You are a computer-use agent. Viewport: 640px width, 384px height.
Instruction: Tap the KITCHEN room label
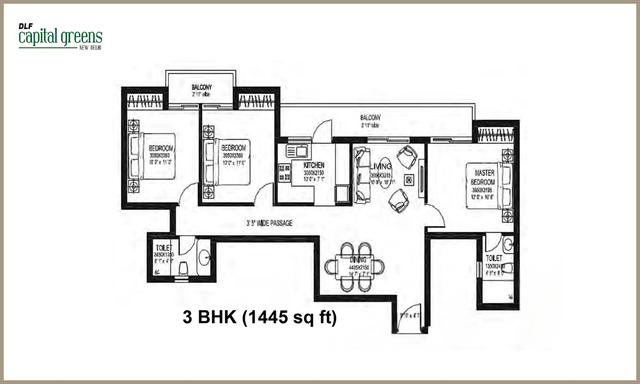click(314, 165)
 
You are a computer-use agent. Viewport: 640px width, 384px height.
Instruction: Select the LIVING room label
click(381, 166)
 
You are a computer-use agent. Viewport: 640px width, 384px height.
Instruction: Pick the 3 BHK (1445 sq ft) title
click(259, 317)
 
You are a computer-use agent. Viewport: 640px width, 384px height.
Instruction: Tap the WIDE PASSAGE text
click(270, 223)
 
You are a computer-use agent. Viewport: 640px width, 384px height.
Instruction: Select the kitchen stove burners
click(284, 173)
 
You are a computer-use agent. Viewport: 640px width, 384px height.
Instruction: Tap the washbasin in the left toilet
click(204, 258)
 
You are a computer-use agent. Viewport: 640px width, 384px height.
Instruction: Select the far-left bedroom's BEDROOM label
click(161, 148)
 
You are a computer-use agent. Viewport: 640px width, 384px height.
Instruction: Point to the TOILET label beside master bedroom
click(494, 258)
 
